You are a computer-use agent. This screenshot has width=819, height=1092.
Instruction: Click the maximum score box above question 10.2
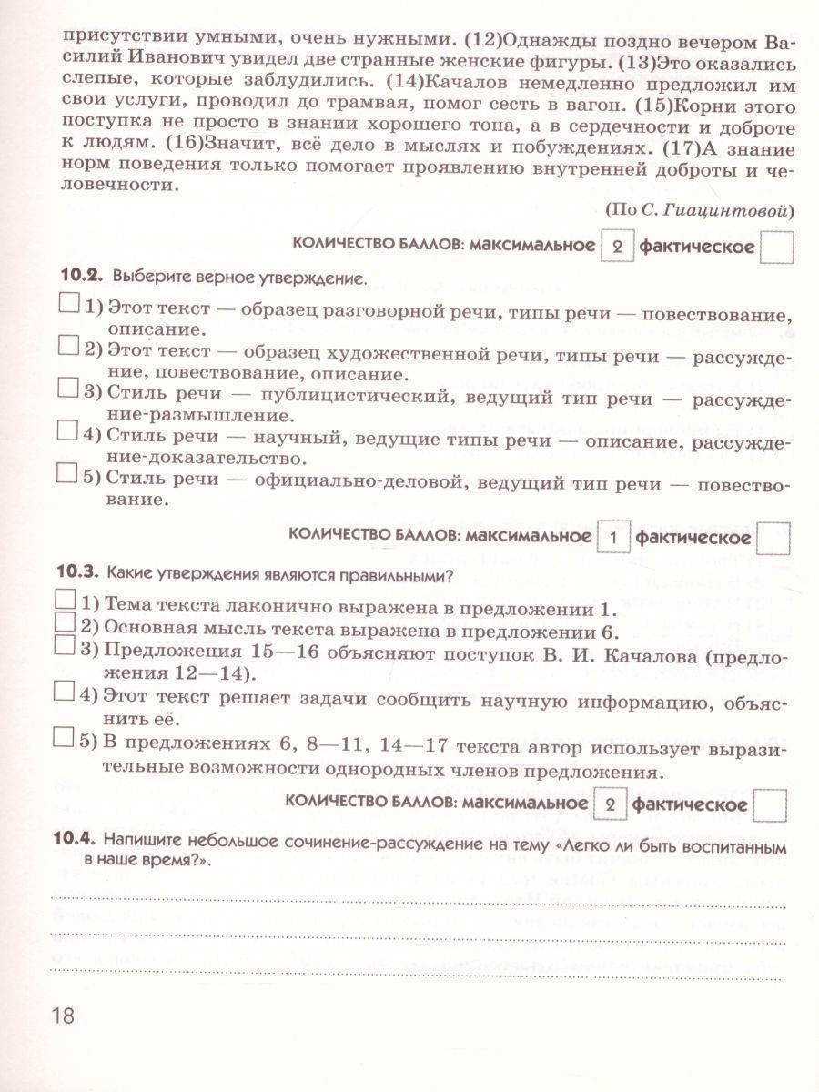615,247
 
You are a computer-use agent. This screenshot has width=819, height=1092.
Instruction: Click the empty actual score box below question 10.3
772,804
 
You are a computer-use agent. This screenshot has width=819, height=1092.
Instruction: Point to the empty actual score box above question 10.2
776,247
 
